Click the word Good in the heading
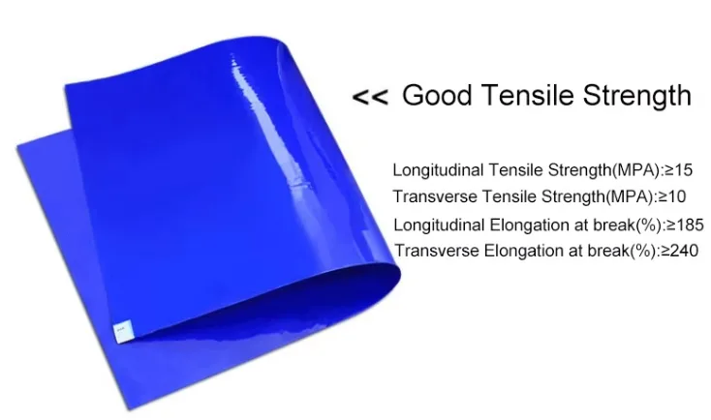(437, 95)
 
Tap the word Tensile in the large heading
(527, 95)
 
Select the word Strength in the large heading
(637, 96)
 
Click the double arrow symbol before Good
(370, 97)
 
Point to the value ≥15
(678, 170)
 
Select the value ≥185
(685, 225)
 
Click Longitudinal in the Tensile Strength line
(439, 171)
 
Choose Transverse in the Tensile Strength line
(435, 196)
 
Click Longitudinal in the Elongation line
(439, 225)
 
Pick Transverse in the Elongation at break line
(436, 251)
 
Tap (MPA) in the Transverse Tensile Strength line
(630, 197)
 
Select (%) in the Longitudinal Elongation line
(649, 225)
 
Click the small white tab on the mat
(123, 330)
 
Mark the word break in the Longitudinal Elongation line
(614, 225)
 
